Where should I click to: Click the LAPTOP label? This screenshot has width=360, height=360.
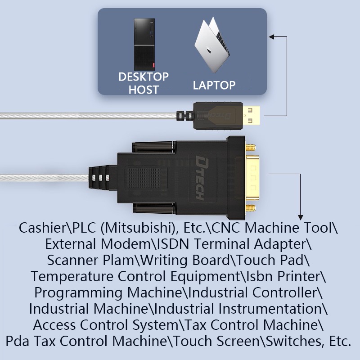[x=214, y=85]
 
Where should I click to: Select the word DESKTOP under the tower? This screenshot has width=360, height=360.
[x=144, y=77]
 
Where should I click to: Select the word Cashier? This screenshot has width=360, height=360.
[x=44, y=228]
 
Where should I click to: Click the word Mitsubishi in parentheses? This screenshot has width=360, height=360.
[x=131, y=228]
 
